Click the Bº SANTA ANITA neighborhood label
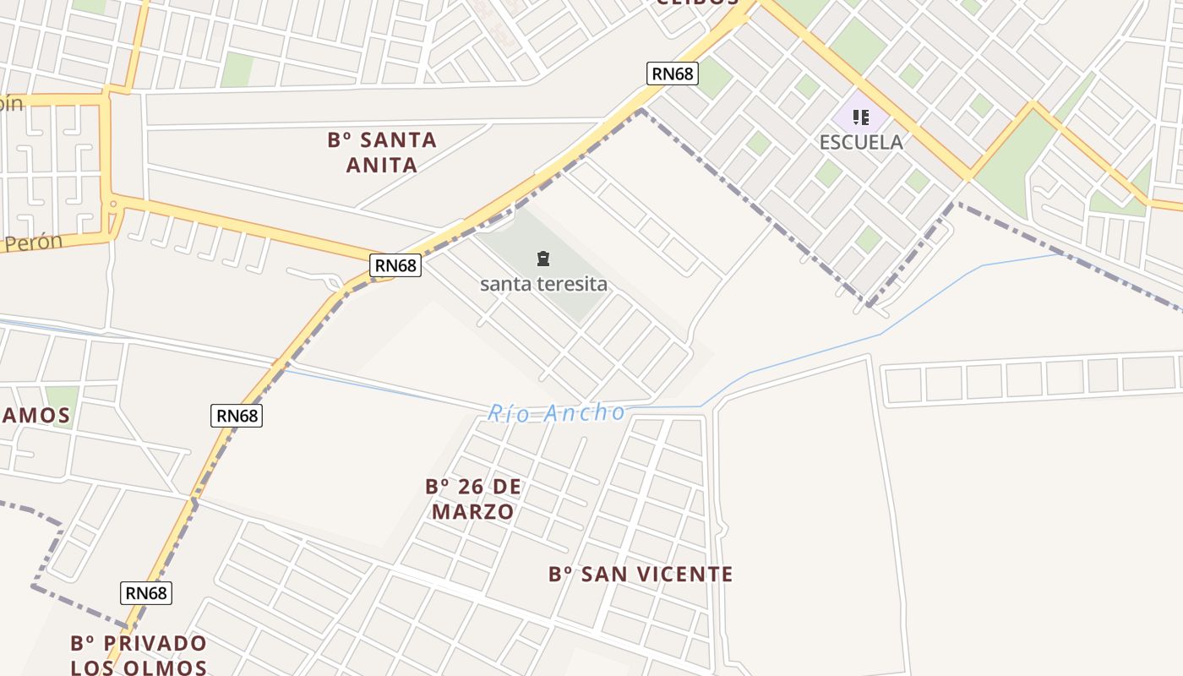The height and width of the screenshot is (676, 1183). point(382,152)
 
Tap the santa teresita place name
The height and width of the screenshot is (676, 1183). point(543,284)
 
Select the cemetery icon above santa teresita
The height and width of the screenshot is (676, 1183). point(543,258)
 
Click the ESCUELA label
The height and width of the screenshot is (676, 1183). point(861,142)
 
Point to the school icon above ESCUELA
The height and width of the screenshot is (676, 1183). point(861,117)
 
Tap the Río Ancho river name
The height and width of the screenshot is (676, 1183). point(556,413)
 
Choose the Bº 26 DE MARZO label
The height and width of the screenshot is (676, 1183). point(473,499)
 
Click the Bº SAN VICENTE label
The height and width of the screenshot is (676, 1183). point(641,575)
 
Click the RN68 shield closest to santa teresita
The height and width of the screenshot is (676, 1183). point(395,265)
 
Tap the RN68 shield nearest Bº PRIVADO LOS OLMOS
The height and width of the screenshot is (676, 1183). point(146,593)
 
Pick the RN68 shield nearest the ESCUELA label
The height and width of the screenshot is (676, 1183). point(673,74)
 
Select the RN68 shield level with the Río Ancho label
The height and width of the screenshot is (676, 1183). point(236,415)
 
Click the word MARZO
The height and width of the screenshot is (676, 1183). point(473,512)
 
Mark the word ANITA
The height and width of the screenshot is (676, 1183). point(382,165)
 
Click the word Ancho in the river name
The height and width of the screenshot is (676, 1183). point(585,413)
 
